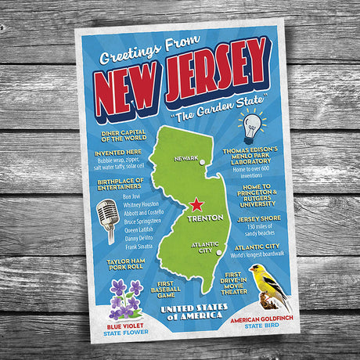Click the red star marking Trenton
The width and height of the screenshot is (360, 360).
coord(196,205)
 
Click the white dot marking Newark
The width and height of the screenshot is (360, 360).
coord(203,163)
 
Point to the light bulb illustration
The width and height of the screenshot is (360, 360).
coord(251,126)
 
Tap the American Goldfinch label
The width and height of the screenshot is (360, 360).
coord(261,321)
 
